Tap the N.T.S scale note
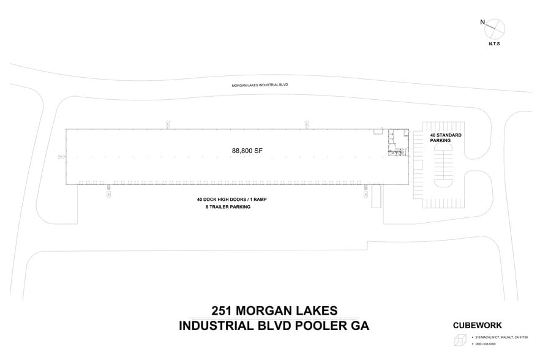click(495, 45)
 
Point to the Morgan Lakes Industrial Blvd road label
click(260, 85)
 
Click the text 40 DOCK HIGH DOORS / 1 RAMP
click(235, 200)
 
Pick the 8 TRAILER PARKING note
click(228, 207)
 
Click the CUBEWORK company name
click(477, 326)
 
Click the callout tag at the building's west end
click(61, 157)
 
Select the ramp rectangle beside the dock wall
click(376, 196)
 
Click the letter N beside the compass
click(483, 23)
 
